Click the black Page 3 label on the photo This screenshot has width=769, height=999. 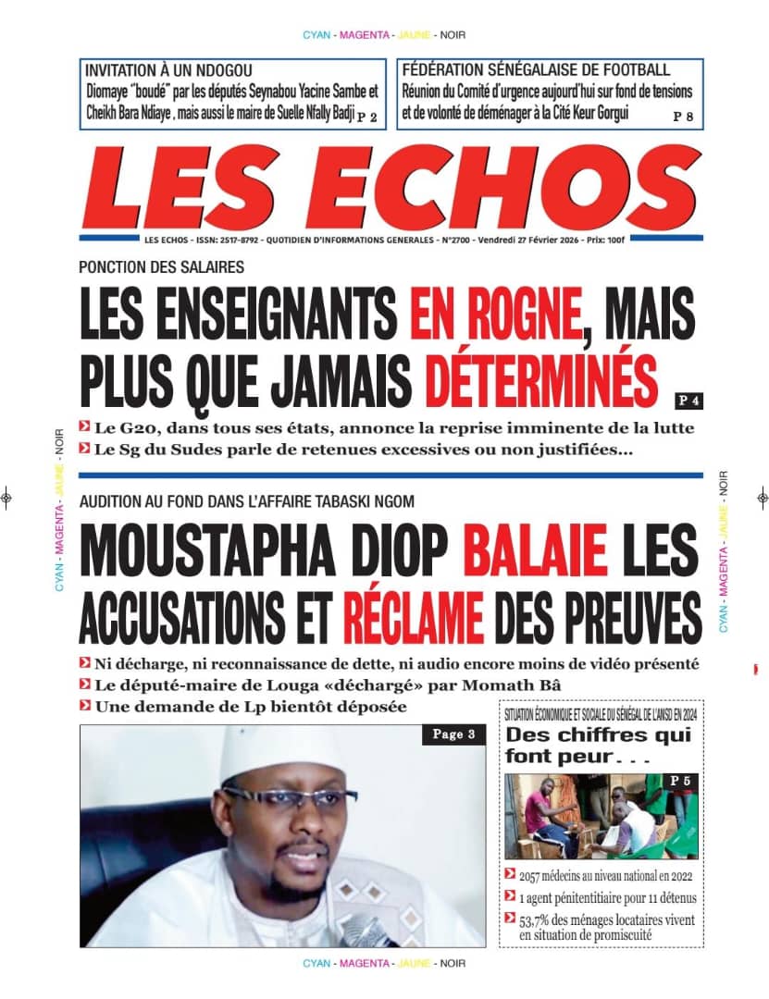(453, 734)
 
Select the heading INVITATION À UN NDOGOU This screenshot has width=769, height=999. (168, 70)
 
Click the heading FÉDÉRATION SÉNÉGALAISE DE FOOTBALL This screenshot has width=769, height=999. (536, 70)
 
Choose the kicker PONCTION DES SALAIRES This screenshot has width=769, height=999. (161, 268)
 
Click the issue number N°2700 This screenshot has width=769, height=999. (456, 240)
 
